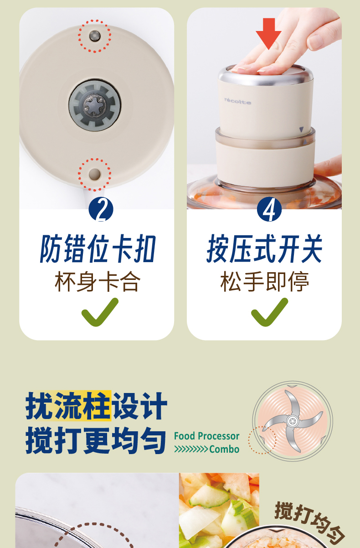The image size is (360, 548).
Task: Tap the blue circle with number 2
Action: [x=101, y=209]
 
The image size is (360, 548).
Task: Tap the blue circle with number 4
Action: [x=269, y=209]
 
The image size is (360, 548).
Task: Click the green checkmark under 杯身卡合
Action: [x=100, y=312]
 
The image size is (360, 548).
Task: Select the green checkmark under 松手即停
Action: [x=269, y=312]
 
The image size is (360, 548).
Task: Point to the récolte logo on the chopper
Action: [x=238, y=101]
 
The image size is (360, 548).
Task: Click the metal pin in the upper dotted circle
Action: [x=95, y=36]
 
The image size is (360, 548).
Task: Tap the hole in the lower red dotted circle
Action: [x=95, y=174]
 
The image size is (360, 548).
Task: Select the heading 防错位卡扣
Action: [x=98, y=248]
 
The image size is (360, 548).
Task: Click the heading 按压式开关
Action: [x=264, y=248]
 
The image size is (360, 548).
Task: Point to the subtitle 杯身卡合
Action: [x=98, y=282]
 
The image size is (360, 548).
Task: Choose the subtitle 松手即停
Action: [x=265, y=282]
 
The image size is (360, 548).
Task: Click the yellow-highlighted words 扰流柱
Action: [x=68, y=406]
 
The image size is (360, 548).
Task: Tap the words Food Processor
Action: [x=206, y=436]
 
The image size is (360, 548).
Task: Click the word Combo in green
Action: [x=224, y=450]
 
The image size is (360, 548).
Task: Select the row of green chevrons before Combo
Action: [x=191, y=450]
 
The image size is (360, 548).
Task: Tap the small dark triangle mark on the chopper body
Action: [x=301, y=129]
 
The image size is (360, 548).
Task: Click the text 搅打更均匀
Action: [x=96, y=440]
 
